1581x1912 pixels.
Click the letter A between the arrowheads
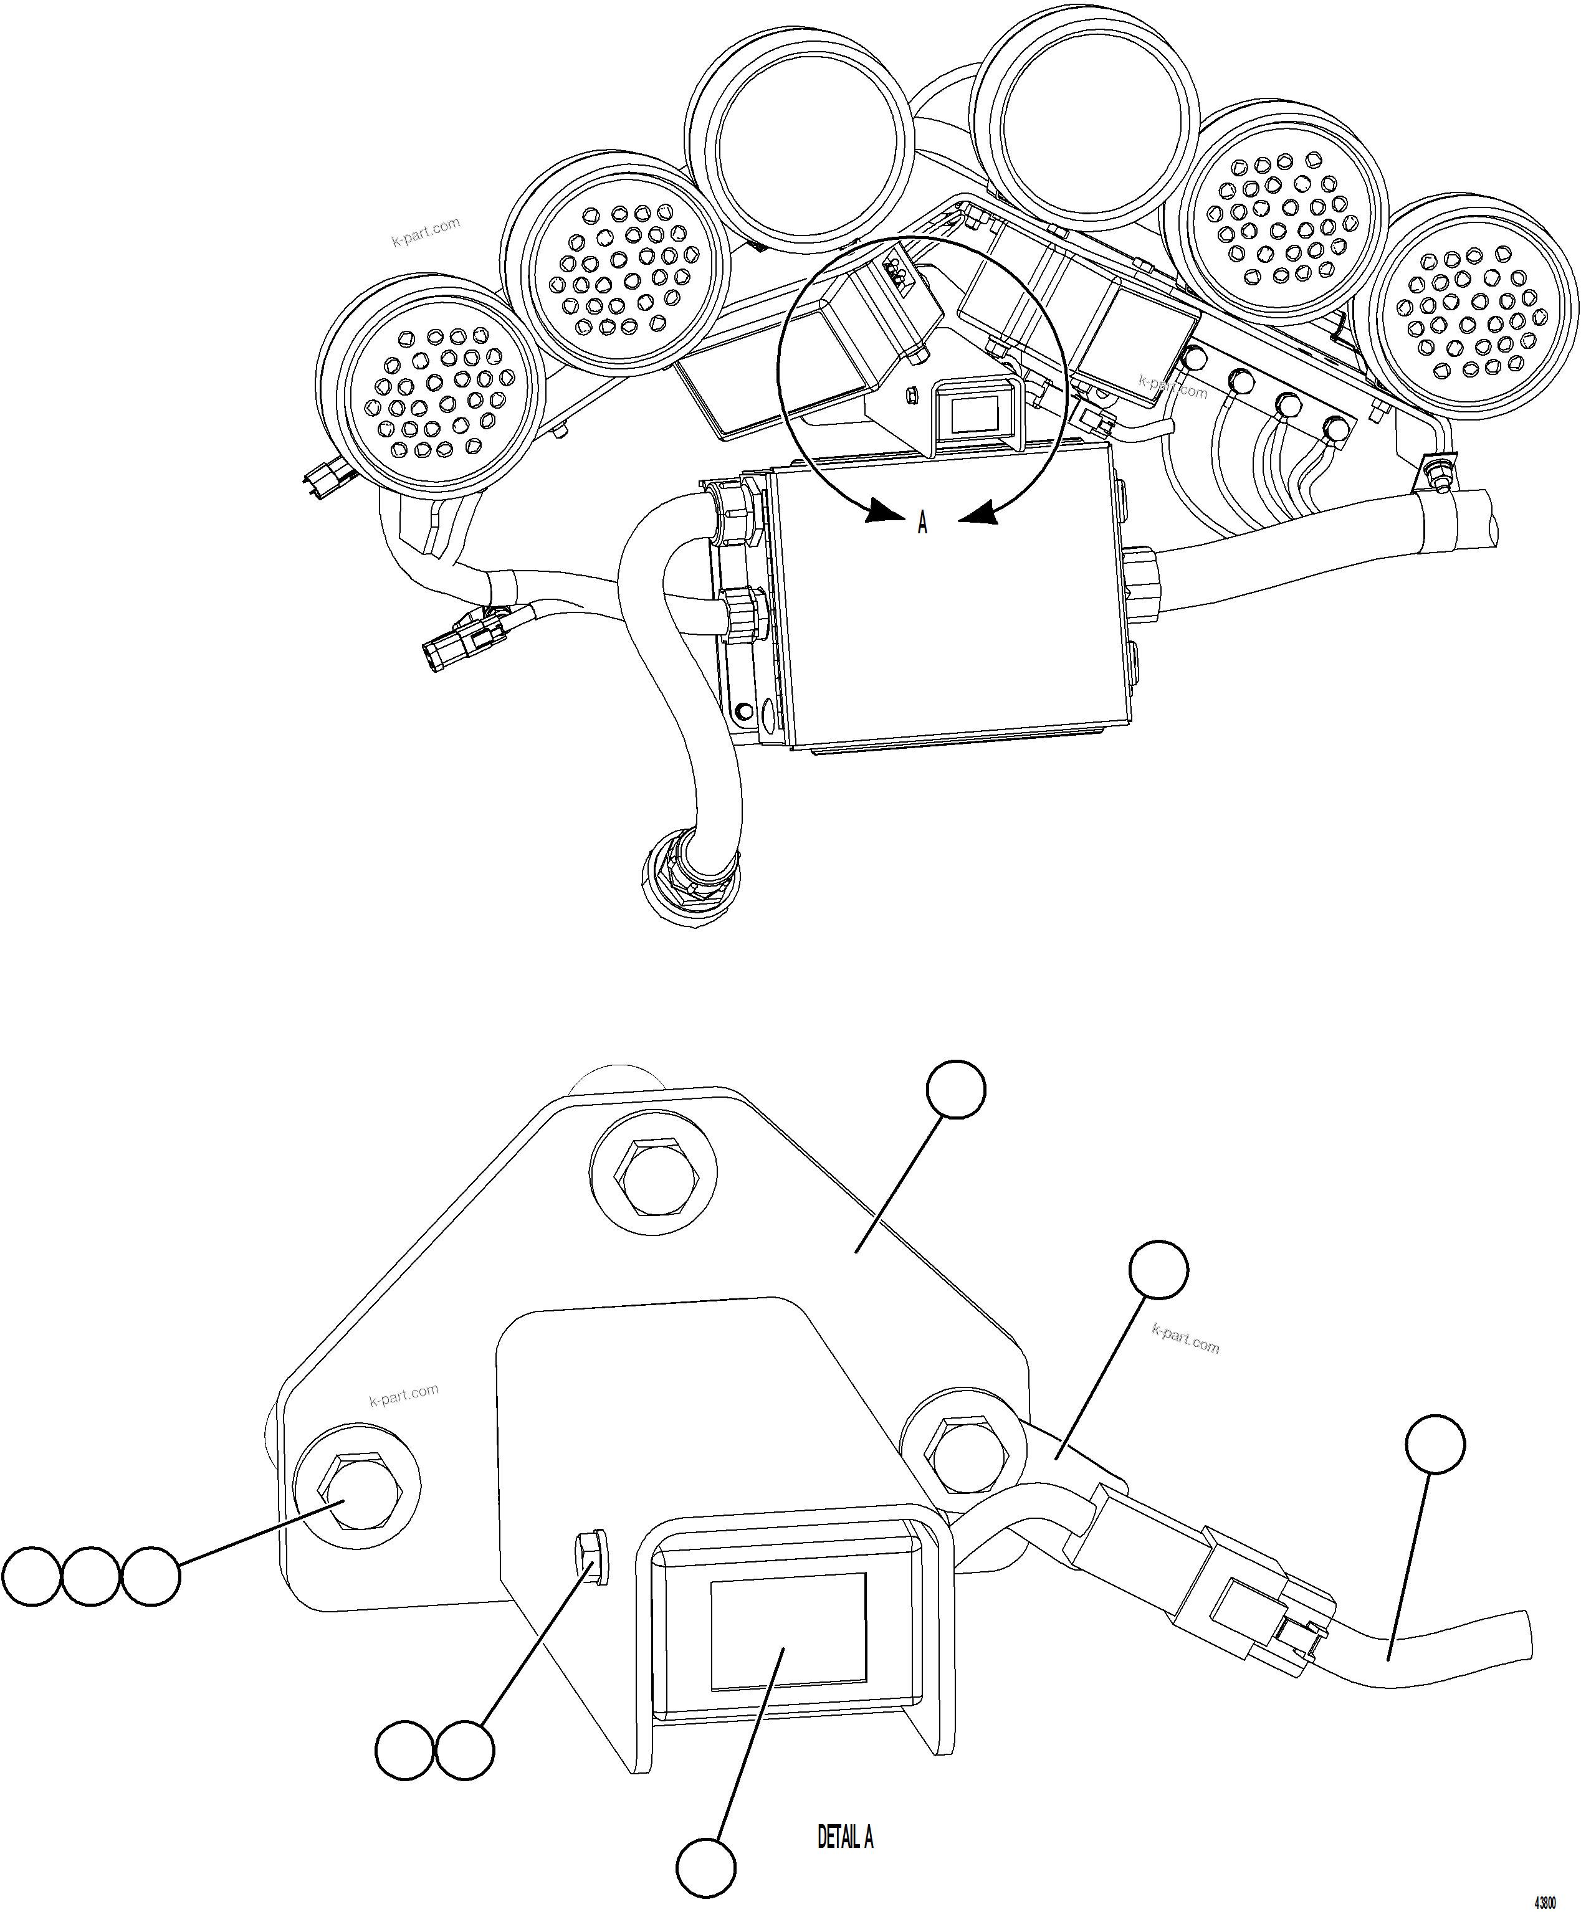tap(922, 523)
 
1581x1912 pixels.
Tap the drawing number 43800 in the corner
tap(1545, 1902)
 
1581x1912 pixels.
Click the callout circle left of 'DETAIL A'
tap(706, 1868)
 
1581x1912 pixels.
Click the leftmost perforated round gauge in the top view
tap(432, 392)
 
